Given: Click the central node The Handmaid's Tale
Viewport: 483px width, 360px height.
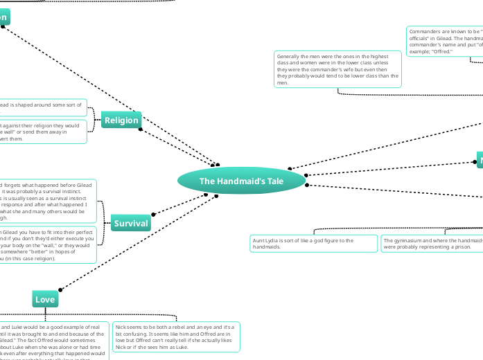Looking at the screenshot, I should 241,181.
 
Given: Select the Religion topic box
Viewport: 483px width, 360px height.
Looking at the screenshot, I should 121,120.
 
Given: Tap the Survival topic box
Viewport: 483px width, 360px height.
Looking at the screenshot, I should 131,223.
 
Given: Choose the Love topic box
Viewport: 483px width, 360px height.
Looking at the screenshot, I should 45,299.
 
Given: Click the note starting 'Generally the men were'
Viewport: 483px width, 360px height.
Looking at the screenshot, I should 337,69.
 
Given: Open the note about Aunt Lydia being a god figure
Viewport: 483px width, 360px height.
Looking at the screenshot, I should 313,244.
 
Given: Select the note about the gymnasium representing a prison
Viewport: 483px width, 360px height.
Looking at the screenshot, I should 432,244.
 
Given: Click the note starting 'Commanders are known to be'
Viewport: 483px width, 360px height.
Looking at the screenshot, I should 444,42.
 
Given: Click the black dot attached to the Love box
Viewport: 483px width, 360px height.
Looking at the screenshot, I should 60,289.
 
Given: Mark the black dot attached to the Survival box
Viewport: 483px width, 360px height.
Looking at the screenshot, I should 152,215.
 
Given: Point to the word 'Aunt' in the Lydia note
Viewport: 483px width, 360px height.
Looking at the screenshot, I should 259,240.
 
